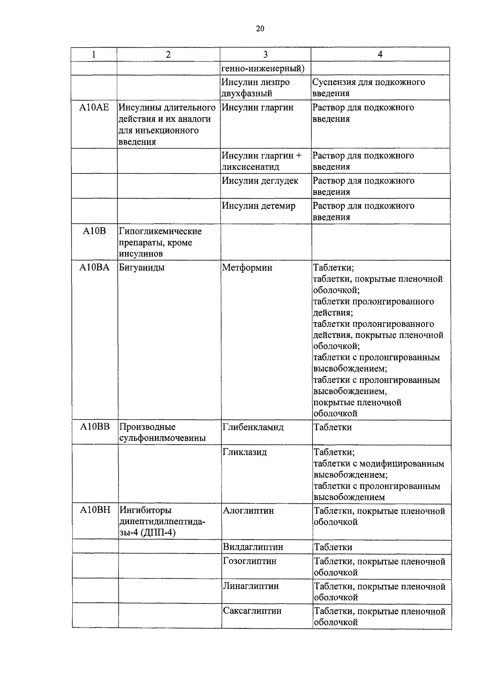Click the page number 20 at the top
(260, 28)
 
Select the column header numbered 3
(265, 55)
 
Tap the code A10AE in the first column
(94, 108)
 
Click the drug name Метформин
(247, 268)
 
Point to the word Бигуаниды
(142, 268)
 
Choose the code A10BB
(95, 427)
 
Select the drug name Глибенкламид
(253, 427)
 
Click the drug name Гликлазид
(245, 452)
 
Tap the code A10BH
(95, 510)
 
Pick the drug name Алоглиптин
(248, 510)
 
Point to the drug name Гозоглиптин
(249, 561)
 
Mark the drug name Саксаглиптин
(252, 611)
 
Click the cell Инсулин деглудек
(260, 181)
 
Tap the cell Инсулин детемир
(258, 206)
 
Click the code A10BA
(95, 268)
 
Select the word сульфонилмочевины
(162, 438)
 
